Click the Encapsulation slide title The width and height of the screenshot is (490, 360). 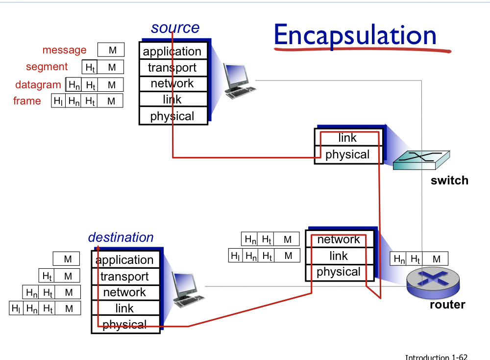(x=355, y=35)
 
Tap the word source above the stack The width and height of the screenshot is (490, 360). (x=175, y=28)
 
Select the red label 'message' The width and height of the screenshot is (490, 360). (x=64, y=50)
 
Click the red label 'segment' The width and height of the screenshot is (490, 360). (x=47, y=67)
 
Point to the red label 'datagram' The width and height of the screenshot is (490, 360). (x=38, y=85)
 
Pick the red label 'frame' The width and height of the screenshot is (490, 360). (x=27, y=101)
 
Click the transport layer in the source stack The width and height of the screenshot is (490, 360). (x=172, y=68)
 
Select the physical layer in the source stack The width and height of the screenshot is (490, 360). (x=172, y=116)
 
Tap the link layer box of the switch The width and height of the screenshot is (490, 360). (x=347, y=138)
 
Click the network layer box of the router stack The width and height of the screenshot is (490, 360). (x=339, y=239)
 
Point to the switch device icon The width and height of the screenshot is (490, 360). (x=421, y=160)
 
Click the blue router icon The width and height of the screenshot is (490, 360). (x=433, y=283)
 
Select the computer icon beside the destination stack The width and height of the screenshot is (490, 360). (x=188, y=289)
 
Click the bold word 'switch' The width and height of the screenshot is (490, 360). (x=449, y=180)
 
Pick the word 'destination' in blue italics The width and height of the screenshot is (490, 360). (x=121, y=237)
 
